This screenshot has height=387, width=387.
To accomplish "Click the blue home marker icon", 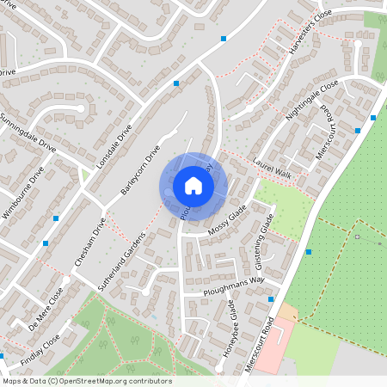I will click(193, 186).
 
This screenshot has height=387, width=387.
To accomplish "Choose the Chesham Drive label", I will click(89, 241).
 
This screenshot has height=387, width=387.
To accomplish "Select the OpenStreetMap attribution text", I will click(86, 381).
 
